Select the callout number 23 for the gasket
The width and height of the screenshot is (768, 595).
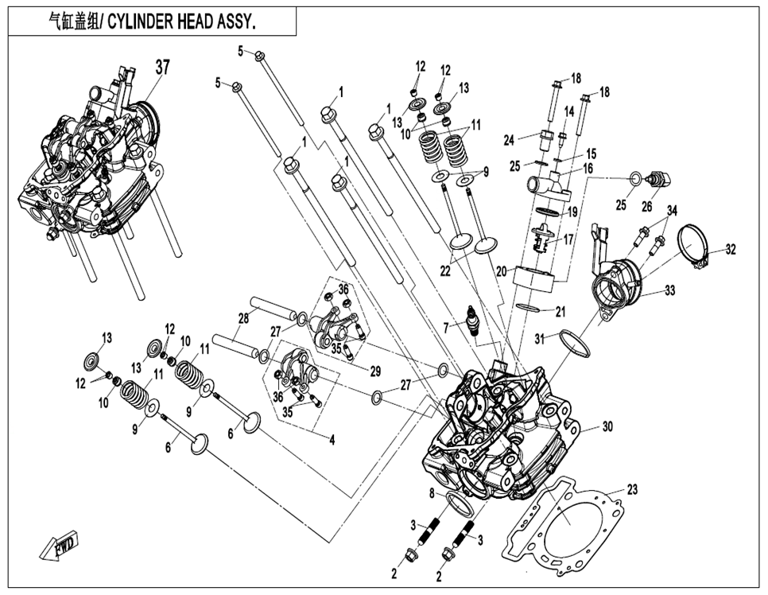pyautogui.click(x=633, y=489)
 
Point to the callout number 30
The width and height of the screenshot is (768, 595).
pyautogui.click(x=608, y=427)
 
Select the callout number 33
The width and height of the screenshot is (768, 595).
pyautogui.click(x=670, y=291)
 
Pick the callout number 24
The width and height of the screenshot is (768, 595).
pyautogui.click(x=509, y=140)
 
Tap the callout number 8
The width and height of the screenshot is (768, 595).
pyautogui.click(x=432, y=493)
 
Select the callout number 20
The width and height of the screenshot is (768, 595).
pyautogui.click(x=500, y=270)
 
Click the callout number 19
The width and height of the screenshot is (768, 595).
pyautogui.click(x=571, y=213)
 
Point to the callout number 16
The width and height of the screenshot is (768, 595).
pyautogui.click(x=588, y=169)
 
